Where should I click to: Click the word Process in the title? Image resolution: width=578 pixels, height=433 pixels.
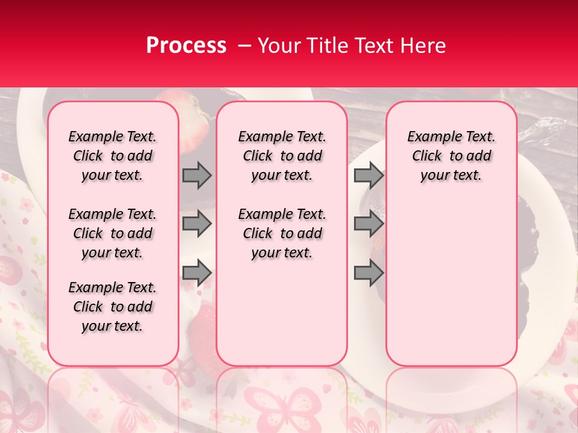[186, 46]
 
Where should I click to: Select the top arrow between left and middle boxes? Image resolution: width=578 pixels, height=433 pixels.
[197, 175]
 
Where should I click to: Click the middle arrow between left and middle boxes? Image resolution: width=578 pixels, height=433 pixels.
[197, 224]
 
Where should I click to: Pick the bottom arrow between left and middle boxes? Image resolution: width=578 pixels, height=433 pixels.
[197, 272]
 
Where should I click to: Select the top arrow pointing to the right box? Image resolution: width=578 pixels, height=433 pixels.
[368, 175]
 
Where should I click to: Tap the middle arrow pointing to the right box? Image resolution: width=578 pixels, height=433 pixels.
[368, 224]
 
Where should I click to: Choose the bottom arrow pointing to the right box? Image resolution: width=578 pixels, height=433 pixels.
[368, 272]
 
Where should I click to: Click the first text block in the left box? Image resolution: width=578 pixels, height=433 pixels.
[113, 156]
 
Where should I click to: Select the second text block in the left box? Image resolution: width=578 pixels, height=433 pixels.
[113, 233]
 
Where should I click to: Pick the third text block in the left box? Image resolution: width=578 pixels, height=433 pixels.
[113, 307]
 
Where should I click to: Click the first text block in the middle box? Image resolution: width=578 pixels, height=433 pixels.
[282, 156]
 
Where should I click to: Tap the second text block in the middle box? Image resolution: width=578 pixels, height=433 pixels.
[282, 233]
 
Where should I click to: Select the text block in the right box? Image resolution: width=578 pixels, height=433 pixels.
[451, 156]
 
